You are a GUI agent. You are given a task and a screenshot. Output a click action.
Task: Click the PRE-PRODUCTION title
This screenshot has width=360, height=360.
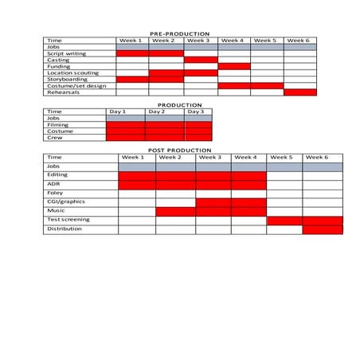180,34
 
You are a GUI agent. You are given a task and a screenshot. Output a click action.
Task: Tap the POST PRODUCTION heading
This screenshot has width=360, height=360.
180,150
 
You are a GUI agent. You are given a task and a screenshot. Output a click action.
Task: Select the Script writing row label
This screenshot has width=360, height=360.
67,53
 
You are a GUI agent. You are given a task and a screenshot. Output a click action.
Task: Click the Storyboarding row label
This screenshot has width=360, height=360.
65,79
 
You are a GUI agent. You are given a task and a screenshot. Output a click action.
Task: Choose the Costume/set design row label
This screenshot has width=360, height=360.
76,85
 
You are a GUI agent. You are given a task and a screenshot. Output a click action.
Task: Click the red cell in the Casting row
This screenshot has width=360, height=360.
201,60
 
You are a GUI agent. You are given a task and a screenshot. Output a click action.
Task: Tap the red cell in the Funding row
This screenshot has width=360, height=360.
234,66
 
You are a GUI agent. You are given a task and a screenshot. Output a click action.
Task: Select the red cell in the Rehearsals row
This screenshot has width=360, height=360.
300,92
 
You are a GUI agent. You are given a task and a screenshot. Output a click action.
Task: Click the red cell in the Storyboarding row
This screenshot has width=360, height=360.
132,79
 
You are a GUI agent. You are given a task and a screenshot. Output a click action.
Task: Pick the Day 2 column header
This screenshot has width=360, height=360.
165,112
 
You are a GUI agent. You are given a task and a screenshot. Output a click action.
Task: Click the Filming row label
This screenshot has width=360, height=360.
57,124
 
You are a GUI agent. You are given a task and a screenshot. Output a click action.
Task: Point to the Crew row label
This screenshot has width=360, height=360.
55,137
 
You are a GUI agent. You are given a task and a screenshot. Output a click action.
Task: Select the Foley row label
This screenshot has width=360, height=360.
55,193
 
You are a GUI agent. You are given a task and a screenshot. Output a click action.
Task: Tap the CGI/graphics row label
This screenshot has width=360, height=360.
65,202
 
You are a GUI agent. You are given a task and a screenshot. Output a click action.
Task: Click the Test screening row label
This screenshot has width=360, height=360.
68,220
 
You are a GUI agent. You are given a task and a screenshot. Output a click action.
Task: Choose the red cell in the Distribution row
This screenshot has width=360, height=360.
323,229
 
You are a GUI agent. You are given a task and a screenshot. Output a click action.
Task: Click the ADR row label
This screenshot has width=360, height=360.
53,184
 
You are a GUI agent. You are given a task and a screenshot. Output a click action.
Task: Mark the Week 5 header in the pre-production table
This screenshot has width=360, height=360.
267,40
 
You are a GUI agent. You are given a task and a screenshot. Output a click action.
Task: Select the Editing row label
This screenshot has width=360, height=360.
57,174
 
